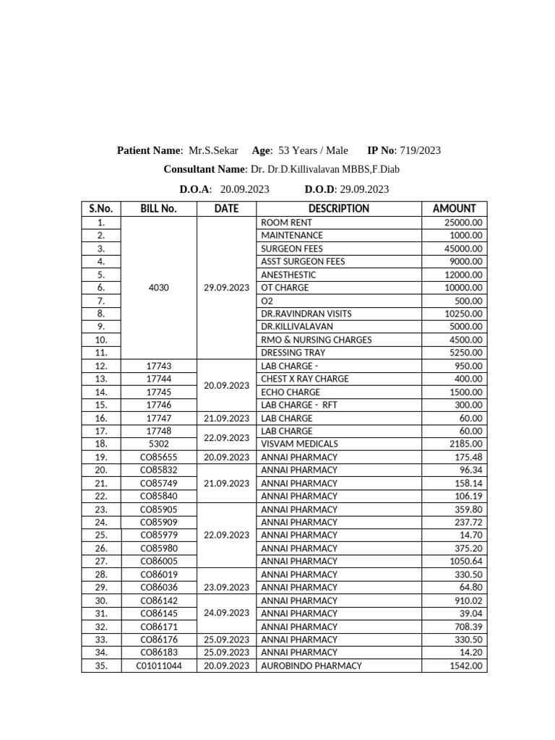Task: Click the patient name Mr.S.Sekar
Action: [x=213, y=151]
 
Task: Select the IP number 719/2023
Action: [x=420, y=151]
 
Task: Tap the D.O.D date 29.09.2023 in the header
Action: [x=364, y=189]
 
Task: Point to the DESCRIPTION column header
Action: [x=338, y=209]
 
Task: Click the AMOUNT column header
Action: [x=454, y=209]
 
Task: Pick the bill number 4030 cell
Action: [x=158, y=288]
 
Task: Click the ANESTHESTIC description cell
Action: [x=288, y=275]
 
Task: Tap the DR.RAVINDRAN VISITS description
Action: [x=306, y=314]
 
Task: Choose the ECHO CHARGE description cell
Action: [x=291, y=392]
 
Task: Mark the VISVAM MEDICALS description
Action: [x=298, y=444]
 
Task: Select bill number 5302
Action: [x=158, y=444]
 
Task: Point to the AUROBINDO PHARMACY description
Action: [x=311, y=666]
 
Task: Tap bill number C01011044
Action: [x=158, y=666]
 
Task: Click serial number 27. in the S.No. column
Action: [x=101, y=562]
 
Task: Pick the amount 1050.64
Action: [x=465, y=562]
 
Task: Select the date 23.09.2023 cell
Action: [x=226, y=588]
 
